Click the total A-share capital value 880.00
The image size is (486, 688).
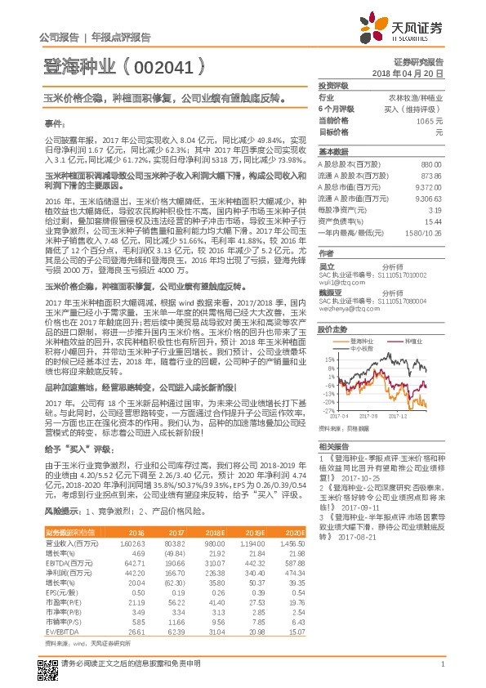point(431,164)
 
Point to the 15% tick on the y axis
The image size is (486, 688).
point(329,359)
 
